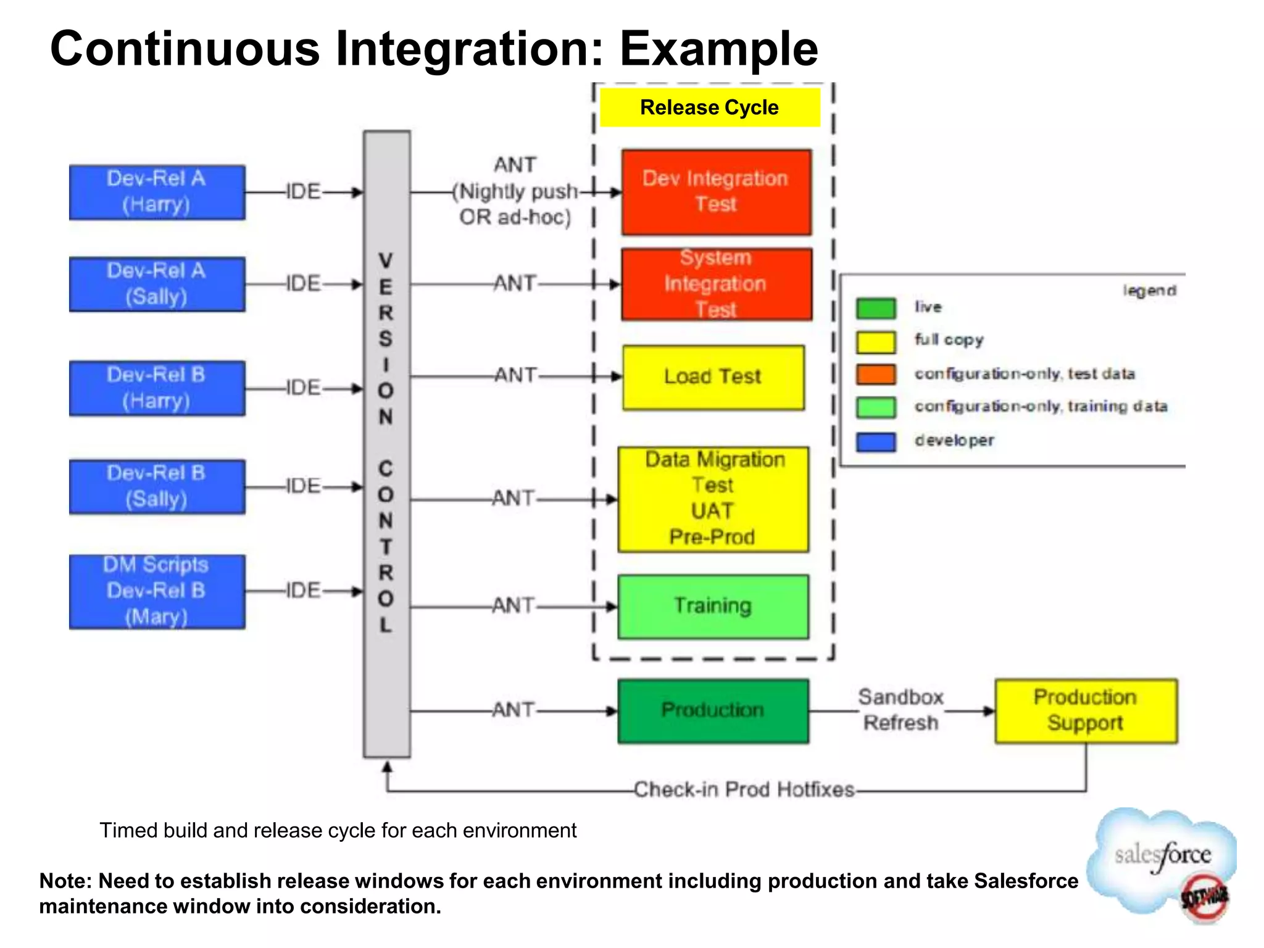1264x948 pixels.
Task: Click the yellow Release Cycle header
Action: [710, 107]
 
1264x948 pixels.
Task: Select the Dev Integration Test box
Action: [716, 192]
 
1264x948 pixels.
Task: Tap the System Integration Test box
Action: [716, 284]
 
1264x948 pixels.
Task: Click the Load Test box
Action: [713, 377]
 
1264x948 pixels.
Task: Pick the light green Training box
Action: [713, 606]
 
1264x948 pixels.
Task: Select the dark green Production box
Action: [713, 710]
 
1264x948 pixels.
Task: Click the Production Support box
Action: [1086, 710]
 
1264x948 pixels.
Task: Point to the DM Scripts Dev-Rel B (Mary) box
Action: [157, 591]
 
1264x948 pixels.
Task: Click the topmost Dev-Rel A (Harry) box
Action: [157, 192]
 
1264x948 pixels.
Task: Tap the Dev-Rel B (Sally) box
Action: [157, 486]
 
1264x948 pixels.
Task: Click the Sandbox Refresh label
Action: [900, 710]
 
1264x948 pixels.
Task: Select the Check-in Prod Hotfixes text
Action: [744, 789]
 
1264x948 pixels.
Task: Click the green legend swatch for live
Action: [875, 308]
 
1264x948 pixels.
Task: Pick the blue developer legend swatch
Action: [875, 441]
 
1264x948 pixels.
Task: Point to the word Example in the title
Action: [718, 49]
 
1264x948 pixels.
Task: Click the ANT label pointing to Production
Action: [513, 710]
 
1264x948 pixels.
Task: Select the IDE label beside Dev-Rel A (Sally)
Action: [303, 284]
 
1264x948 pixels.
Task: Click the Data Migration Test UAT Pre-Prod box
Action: [713, 499]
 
